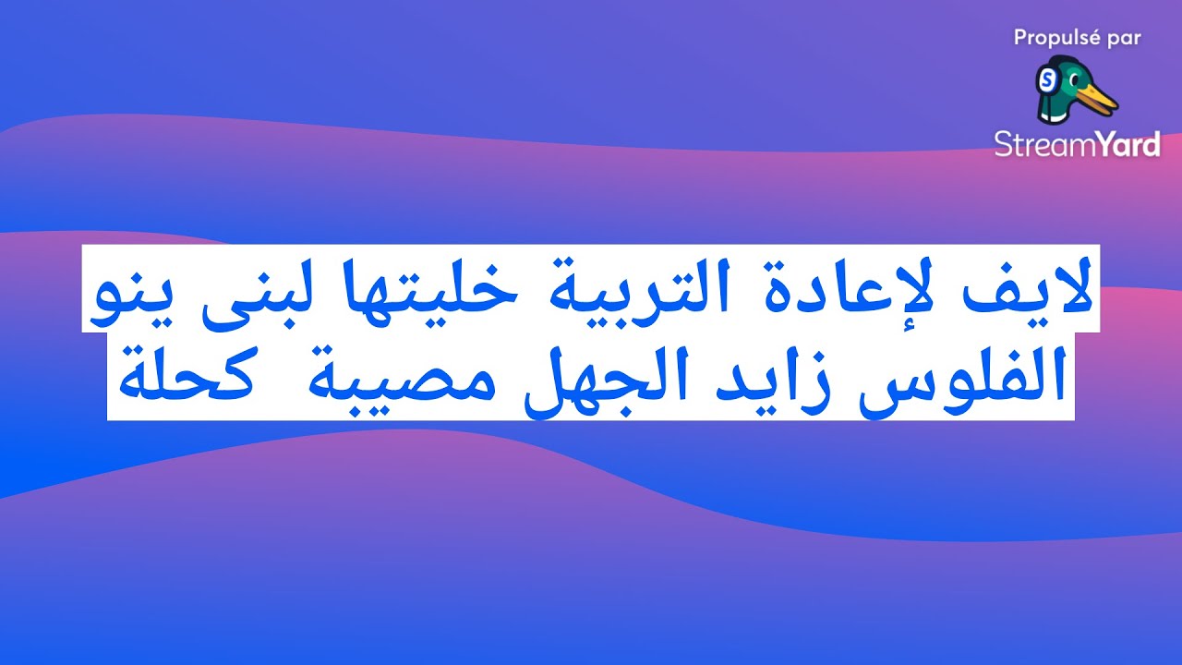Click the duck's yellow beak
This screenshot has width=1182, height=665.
pos(1098,97)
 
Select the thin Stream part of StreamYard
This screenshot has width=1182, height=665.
pos(1037,144)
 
